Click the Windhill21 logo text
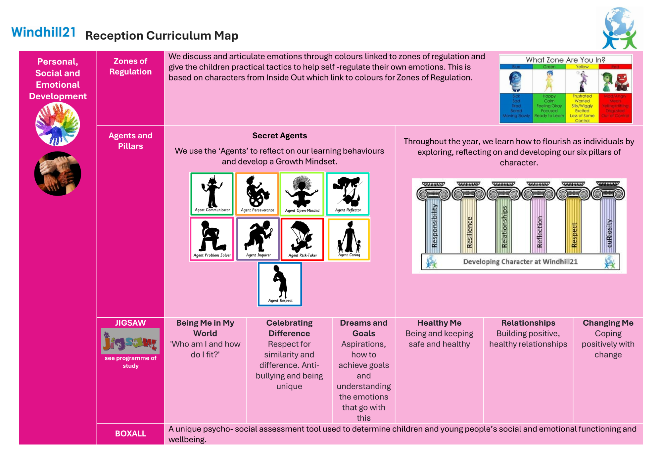point(43,32)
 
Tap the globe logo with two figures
point(619,28)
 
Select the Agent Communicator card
point(212,194)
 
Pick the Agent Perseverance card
point(257,194)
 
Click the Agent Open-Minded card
point(302,194)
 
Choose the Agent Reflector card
point(348,194)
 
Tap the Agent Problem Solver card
point(212,239)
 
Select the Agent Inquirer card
point(258,239)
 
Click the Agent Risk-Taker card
point(302,239)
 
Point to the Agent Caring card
point(349,239)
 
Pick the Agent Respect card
point(280,284)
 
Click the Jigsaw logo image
point(130,341)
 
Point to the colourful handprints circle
point(58,124)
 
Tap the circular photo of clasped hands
point(58,173)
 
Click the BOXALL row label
point(130,434)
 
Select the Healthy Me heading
point(439,323)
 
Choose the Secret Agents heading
point(279,136)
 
